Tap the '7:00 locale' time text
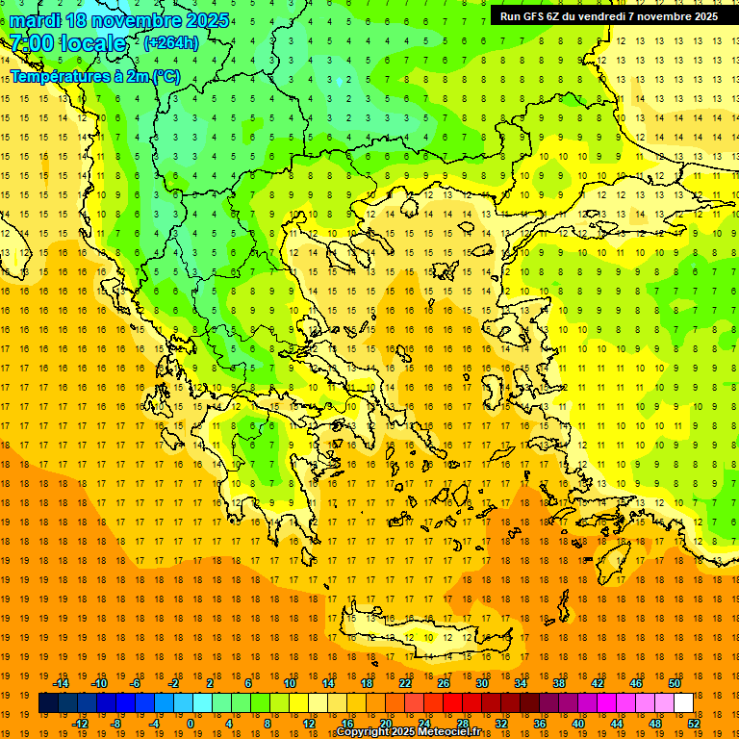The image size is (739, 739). click(67, 43)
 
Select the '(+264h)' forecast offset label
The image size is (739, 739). click(172, 43)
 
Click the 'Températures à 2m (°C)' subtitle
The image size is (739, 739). click(94, 76)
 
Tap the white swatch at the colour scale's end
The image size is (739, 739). click(683, 703)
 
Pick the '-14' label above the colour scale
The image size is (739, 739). click(61, 683)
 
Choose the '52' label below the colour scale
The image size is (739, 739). click(695, 724)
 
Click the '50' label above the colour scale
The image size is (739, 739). click(674, 683)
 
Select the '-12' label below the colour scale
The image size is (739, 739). click(81, 724)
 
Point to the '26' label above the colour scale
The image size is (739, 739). click(444, 683)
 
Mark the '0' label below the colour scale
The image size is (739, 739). click(190, 724)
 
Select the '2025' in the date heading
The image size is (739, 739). click(206, 20)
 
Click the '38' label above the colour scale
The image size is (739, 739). click(558, 683)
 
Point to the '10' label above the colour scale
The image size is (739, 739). click(290, 683)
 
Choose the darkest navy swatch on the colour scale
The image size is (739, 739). click(48, 703)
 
